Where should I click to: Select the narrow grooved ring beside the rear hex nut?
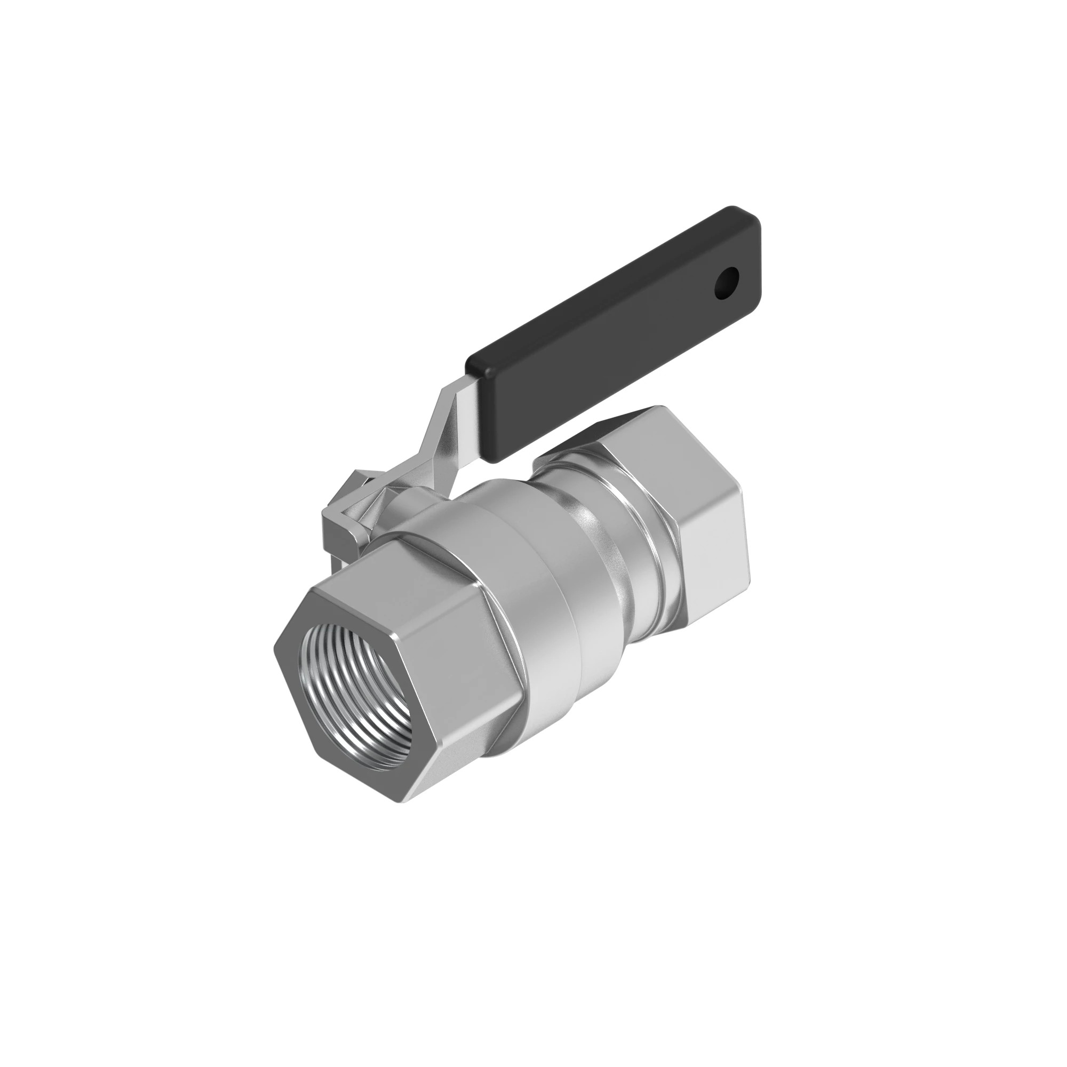(641, 524)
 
